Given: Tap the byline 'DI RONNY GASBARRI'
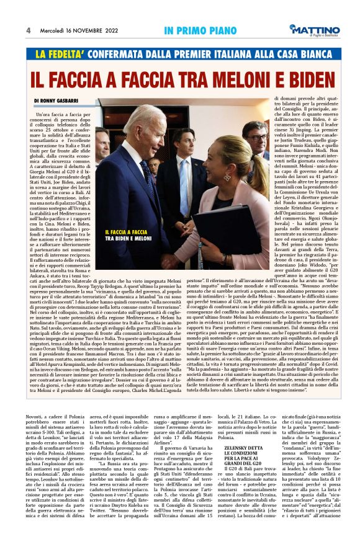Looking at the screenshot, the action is click(x=58, y=100).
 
